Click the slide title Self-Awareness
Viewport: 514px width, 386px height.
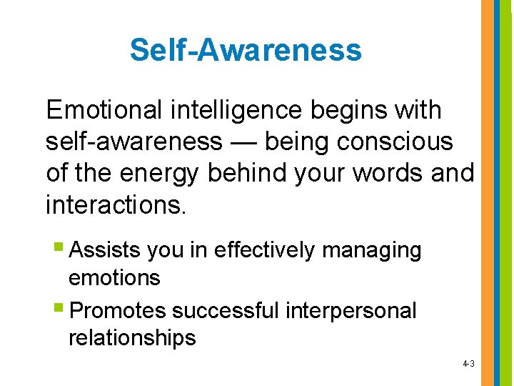(x=246, y=51)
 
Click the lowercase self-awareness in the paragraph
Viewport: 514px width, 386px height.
(x=133, y=142)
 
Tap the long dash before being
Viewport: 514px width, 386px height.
(x=243, y=142)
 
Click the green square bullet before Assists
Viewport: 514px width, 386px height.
(x=59, y=250)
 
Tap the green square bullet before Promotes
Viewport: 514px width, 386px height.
(x=59, y=310)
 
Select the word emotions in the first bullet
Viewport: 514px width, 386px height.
(x=114, y=277)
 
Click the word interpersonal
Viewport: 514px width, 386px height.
(x=351, y=312)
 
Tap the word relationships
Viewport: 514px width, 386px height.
(x=132, y=337)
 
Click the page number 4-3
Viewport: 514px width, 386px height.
(x=468, y=365)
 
